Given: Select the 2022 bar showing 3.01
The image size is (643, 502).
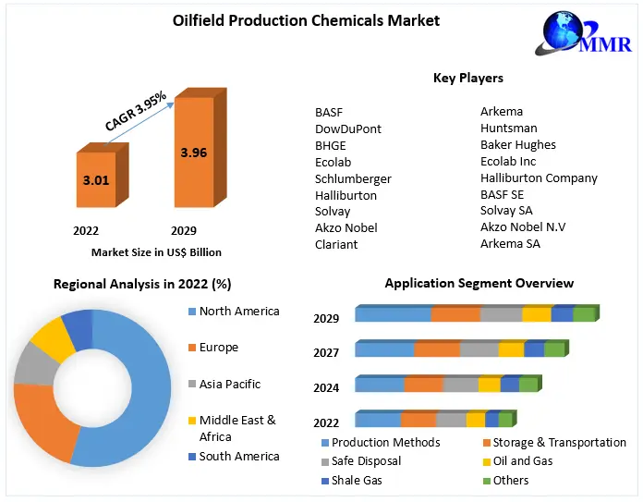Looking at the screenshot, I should tap(95, 180).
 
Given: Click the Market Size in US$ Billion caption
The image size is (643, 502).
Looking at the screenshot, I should tap(156, 251).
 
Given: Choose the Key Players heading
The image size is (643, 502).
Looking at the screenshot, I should tap(467, 79).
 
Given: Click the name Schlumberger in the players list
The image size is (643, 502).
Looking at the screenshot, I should tap(353, 178).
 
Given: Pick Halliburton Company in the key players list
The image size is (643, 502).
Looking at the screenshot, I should tap(539, 178).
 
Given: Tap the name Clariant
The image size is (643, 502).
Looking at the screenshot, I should tap(336, 245).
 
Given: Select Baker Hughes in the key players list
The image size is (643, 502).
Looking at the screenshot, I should tap(517, 145).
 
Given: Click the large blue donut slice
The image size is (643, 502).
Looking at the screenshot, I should tap(148, 388).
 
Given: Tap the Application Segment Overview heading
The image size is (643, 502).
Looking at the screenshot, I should tap(479, 284).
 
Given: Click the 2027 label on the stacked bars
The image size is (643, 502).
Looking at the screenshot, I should tap(326, 353).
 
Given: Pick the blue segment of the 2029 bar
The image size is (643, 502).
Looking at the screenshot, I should tap(393, 314).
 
